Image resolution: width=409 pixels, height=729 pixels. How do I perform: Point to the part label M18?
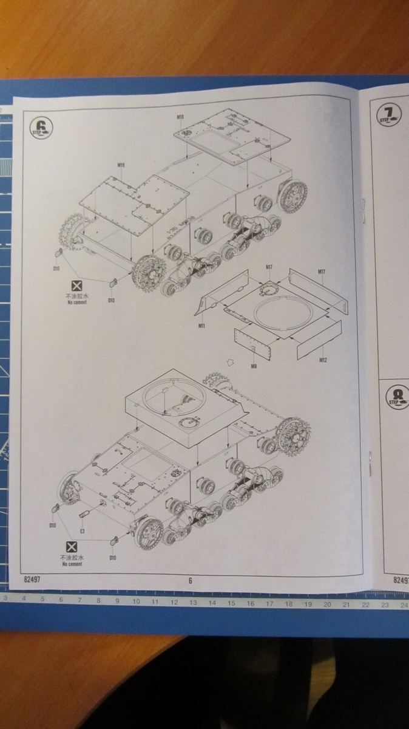tap(180, 116)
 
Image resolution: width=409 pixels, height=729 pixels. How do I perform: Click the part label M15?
tap(121, 165)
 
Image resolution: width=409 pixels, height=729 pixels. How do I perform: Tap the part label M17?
tap(322, 273)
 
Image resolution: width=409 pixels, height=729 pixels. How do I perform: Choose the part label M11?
tap(201, 326)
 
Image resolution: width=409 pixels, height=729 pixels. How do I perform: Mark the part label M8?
tap(253, 365)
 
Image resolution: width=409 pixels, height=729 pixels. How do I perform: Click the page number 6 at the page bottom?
tap(190, 580)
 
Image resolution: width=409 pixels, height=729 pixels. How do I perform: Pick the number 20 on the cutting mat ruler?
tap(327, 604)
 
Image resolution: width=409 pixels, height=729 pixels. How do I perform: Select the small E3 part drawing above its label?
tap(84, 515)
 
